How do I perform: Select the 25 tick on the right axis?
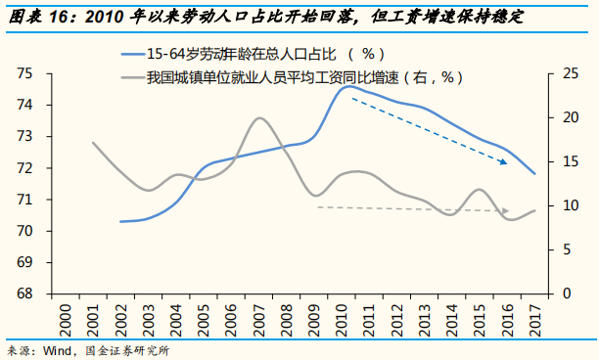pos(556,73)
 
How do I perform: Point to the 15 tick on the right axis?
pos(556,161)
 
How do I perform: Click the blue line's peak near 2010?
pos(347,86)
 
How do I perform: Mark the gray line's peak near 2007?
pos(259,118)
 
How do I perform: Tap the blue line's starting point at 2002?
pos(120,221)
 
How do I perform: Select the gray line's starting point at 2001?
pos(93,143)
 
